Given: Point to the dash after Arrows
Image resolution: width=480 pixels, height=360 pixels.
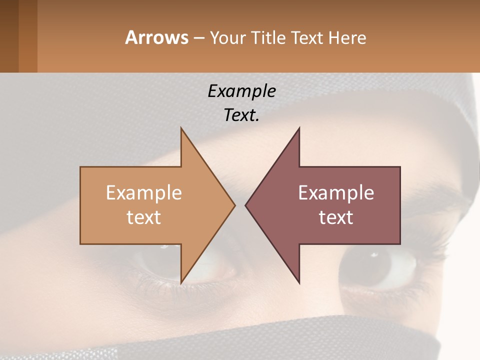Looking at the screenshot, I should [x=198, y=38].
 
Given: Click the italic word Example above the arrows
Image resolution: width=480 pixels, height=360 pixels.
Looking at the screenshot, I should [x=241, y=91].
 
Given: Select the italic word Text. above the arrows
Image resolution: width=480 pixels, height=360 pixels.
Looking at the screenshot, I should [x=241, y=115].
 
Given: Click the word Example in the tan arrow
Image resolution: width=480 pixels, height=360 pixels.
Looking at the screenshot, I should [x=144, y=192].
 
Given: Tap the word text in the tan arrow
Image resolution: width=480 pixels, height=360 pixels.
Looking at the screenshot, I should [x=144, y=217].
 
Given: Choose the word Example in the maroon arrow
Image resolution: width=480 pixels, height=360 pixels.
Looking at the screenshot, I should [x=336, y=192].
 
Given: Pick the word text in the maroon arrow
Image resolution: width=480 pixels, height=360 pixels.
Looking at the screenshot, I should [x=336, y=217].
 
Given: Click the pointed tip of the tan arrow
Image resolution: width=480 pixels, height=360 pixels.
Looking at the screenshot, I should [x=234, y=205].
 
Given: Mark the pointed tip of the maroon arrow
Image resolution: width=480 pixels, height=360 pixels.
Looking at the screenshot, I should [x=246, y=205].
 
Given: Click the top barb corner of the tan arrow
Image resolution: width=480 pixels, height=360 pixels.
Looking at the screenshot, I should [x=181, y=128].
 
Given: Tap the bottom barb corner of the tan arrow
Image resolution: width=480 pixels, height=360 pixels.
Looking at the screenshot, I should [x=181, y=282].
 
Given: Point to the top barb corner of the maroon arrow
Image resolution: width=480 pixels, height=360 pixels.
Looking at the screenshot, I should [x=299, y=128].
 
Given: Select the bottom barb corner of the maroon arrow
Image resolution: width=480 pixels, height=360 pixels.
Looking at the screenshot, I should [x=299, y=282].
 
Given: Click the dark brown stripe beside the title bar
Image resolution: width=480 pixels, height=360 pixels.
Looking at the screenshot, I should [x=9, y=36].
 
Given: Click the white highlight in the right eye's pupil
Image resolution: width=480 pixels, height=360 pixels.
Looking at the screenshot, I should [x=374, y=255].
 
